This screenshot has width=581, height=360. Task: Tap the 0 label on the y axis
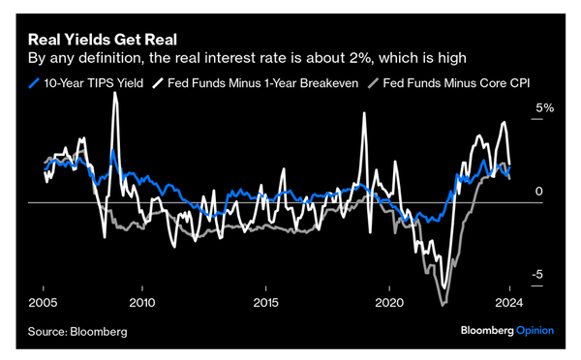pos(538,192)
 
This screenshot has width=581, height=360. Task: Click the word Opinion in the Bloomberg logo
pos(534,331)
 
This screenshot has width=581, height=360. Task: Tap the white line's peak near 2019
pos(365,114)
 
